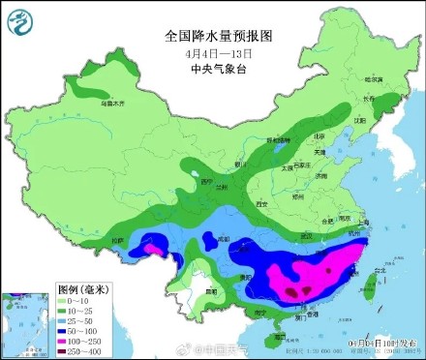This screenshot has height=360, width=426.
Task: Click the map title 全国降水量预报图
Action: [219, 35]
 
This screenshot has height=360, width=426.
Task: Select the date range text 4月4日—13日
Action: [219, 52]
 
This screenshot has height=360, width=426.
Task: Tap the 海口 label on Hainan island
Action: [280, 336]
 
